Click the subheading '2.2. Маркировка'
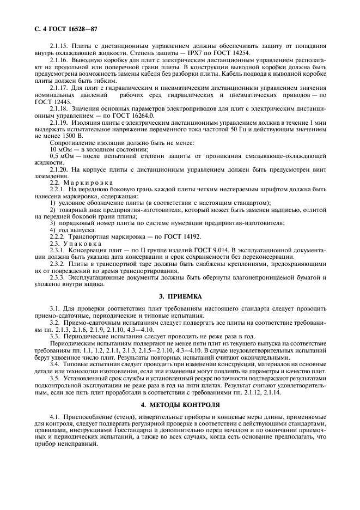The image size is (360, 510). [82, 182]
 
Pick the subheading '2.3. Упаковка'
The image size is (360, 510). [77, 243]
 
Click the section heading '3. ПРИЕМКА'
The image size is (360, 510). [180, 296]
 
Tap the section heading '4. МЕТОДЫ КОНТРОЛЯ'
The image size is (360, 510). [180, 405]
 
